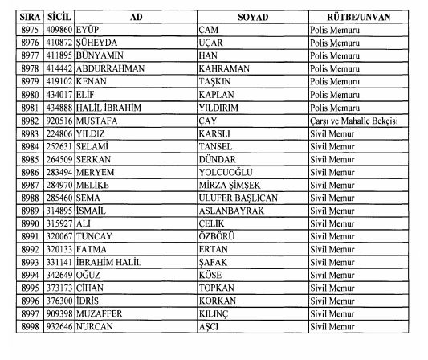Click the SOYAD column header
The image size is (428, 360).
254,17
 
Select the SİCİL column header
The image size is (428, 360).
59,17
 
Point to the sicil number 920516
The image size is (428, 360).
59,120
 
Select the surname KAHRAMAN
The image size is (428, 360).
226,68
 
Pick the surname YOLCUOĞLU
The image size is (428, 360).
228,172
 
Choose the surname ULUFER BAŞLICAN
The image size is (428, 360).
238,198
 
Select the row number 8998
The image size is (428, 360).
28,327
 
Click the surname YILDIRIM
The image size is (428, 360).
221,107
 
